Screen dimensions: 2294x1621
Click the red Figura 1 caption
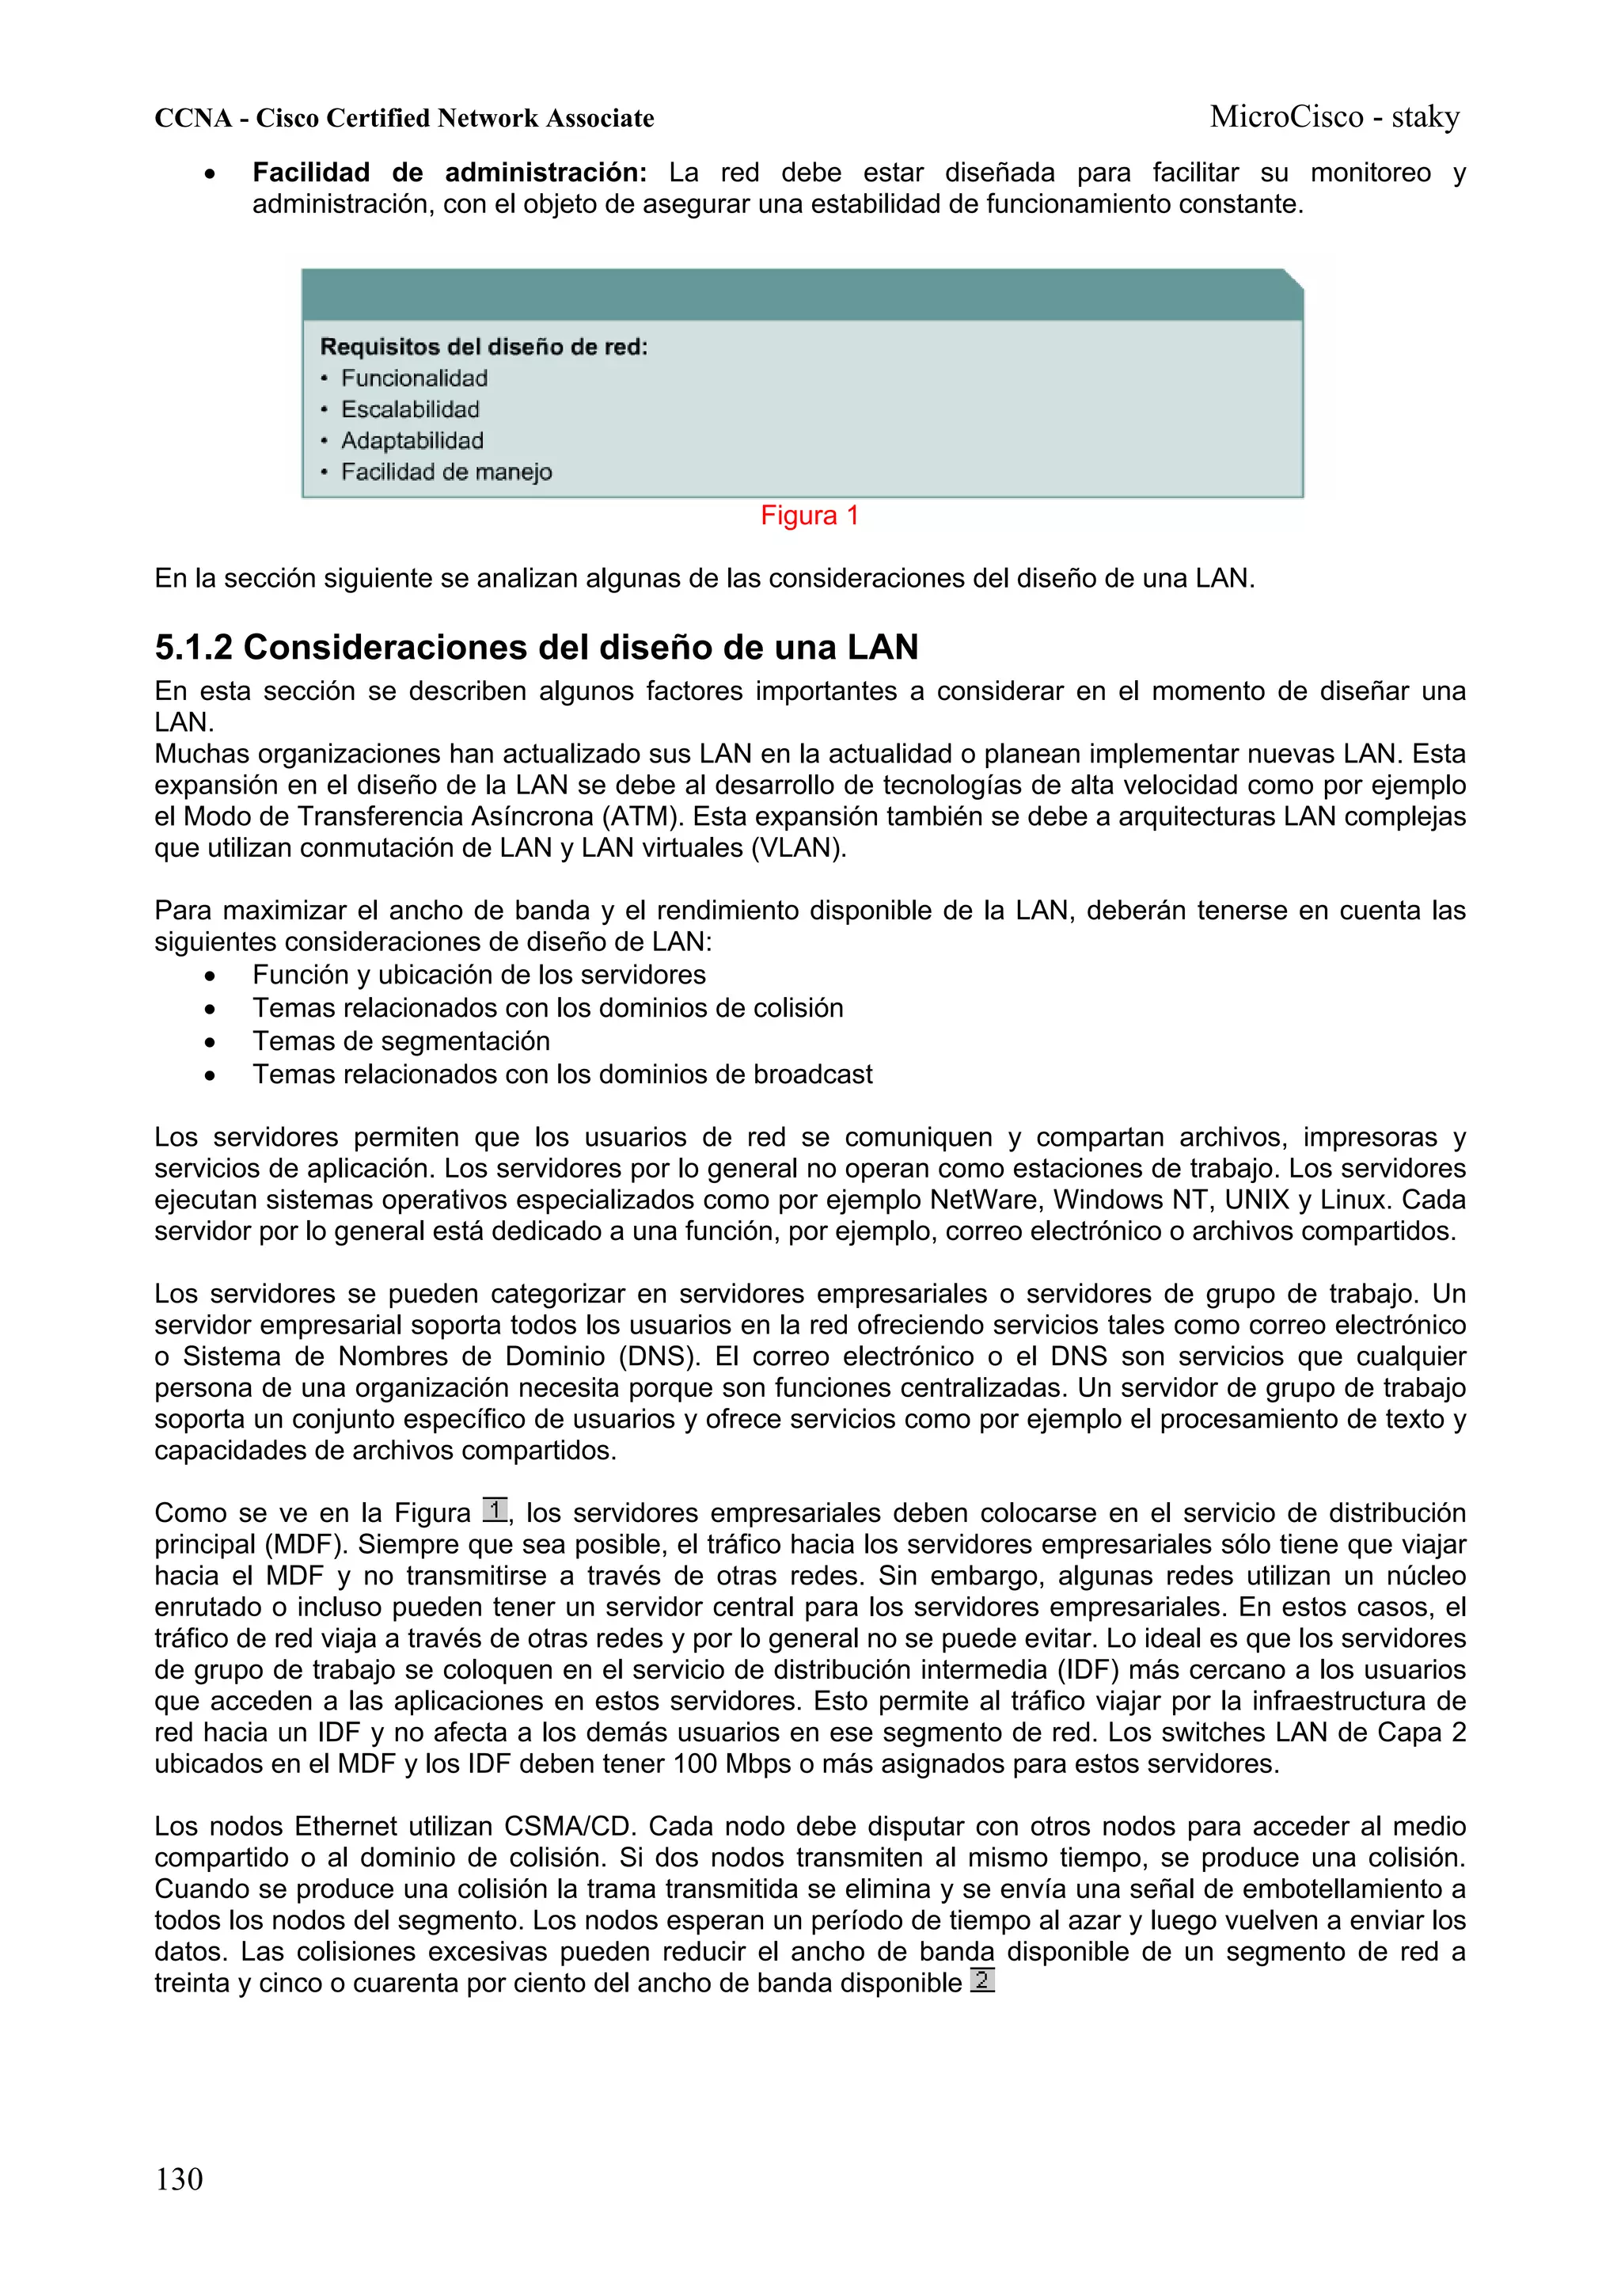pyautogui.click(x=809, y=515)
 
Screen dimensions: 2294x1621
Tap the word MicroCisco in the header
pyautogui.click(x=1286, y=117)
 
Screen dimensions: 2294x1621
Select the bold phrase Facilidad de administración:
pyautogui.click(x=450, y=173)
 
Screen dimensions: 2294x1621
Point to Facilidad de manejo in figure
pyautogui.click(x=446, y=472)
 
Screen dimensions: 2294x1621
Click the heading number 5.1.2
pyautogui.click(x=194, y=648)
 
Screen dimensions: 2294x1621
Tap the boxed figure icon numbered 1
pyautogui.click(x=495, y=1510)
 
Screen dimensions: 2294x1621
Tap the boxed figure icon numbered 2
pyautogui.click(x=981, y=1980)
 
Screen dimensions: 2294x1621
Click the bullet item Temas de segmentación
pyautogui.click(x=401, y=1041)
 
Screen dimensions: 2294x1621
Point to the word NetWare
pyautogui.click(x=984, y=1200)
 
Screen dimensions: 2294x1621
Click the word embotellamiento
pyautogui.click(x=1342, y=1889)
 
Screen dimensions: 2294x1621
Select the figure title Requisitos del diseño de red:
pyautogui.click(x=484, y=348)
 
